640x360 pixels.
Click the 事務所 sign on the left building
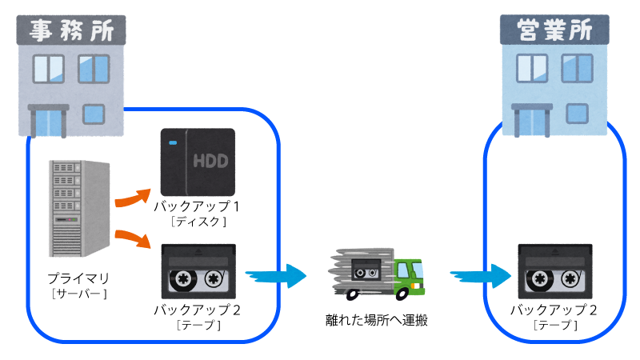(71, 31)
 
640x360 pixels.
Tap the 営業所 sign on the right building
(554, 30)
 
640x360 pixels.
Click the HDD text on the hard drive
(210, 161)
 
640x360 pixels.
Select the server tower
(78, 209)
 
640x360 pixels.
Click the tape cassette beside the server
(198, 271)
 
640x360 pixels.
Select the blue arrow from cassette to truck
(276, 276)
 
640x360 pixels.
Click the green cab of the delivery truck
(410, 274)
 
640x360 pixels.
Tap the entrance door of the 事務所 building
(48, 122)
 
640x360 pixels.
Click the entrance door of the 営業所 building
(532, 122)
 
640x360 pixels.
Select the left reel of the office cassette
(182, 279)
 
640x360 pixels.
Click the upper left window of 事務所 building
(49, 68)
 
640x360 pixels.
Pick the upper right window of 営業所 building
(576, 68)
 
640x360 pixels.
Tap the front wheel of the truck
(415, 290)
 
